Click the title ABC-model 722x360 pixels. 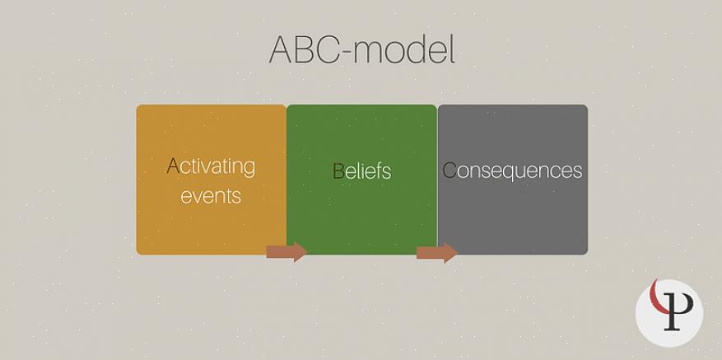click(362, 49)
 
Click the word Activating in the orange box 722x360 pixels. click(211, 167)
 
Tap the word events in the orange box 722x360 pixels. click(211, 196)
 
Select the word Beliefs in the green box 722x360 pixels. click(361, 171)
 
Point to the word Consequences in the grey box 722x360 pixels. click(512, 170)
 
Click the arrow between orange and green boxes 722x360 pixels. click(286, 252)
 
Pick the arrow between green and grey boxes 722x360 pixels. click(437, 253)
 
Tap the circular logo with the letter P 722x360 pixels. click(669, 313)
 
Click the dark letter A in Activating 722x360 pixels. click(173, 166)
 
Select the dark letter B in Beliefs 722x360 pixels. click(338, 171)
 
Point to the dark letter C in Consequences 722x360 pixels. click(449, 170)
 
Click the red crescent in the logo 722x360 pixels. click(657, 297)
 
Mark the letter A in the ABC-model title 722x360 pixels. click(281, 49)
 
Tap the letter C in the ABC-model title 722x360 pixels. click(326, 49)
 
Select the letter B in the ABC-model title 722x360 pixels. click(304, 49)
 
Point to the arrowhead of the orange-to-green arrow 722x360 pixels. click(301, 252)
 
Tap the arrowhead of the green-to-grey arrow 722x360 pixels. click(451, 253)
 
